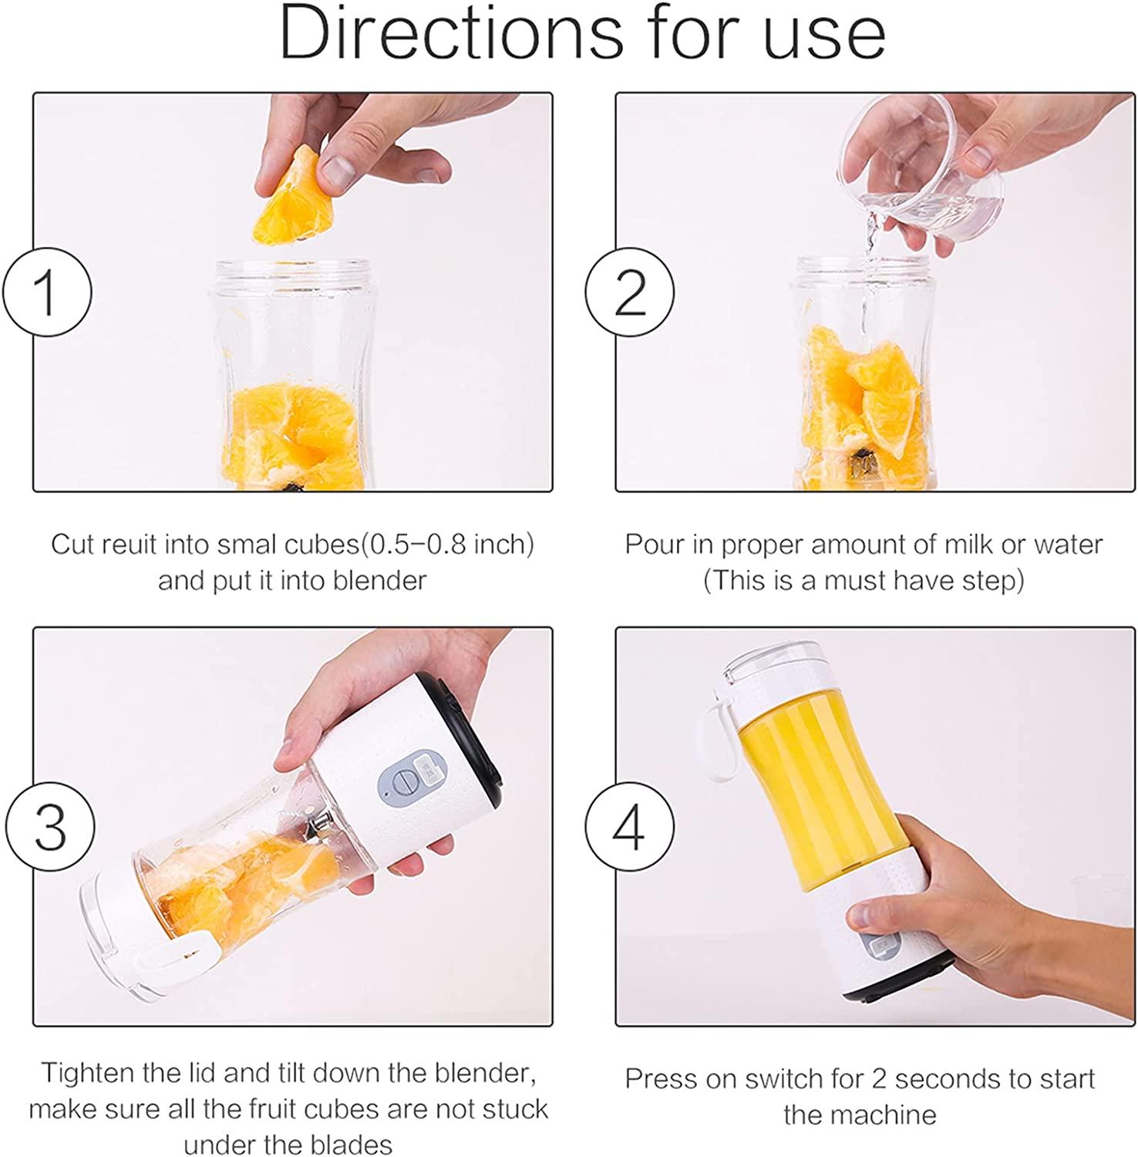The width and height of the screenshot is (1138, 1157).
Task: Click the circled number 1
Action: coord(47,292)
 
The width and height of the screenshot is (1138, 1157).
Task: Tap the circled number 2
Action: coord(630,292)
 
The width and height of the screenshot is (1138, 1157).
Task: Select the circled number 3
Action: coord(50,827)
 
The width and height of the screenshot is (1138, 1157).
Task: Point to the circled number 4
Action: coord(630,827)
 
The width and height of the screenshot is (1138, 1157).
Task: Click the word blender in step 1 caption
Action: coord(380,580)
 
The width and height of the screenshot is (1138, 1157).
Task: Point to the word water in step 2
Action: coord(1068,545)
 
